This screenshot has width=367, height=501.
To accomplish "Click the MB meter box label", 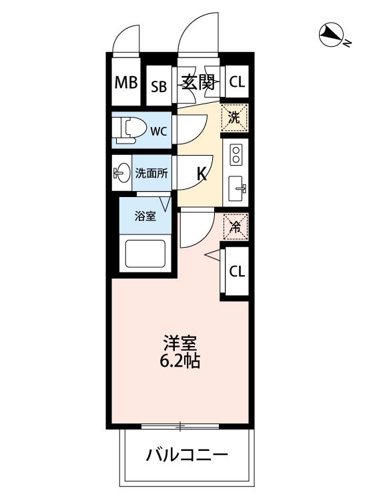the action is [x=126, y=83].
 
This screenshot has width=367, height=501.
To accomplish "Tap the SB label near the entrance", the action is [x=159, y=87].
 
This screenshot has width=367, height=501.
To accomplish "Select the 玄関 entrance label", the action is [x=198, y=82].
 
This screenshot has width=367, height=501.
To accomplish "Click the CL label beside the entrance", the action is [x=237, y=82].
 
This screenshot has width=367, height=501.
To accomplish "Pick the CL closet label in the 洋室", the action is [x=237, y=272].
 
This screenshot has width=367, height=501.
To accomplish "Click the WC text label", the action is [x=159, y=132].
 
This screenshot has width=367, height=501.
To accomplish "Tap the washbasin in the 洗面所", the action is [x=121, y=174].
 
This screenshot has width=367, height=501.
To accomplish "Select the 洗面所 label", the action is [x=151, y=174].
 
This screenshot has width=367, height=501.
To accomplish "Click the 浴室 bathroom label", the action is [x=145, y=216].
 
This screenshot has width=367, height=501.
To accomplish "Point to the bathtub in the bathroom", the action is [x=145, y=253].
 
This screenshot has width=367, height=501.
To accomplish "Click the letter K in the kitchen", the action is [x=202, y=174].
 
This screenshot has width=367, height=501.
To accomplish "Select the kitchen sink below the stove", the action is [x=237, y=188].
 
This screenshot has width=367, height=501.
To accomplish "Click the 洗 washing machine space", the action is [x=235, y=118].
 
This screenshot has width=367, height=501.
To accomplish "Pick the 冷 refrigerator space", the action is [x=236, y=227].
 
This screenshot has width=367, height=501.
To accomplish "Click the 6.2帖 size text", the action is [x=179, y=361].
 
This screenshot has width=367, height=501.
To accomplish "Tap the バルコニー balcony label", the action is [x=187, y=454].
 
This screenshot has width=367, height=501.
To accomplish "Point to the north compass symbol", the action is [x=331, y=35].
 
